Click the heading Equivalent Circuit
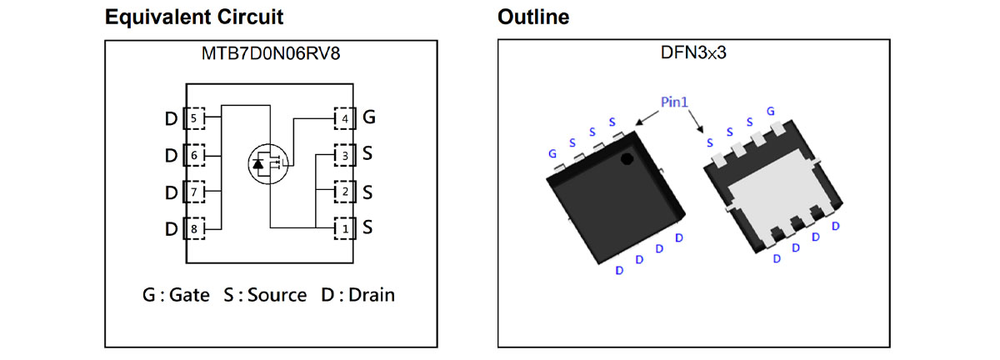[x=193, y=17]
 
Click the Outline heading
[x=533, y=17]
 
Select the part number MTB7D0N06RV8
[x=271, y=53]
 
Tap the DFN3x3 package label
[x=693, y=52]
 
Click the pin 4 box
[x=345, y=118]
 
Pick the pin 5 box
[x=194, y=118]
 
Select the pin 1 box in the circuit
[x=345, y=228]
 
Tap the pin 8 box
[x=194, y=228]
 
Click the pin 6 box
[x=194, y=155]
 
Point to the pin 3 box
[x=345, y=156]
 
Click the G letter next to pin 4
[x=368, y=117]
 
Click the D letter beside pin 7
[x=172, y=192]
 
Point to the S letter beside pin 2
[x=367, y=192]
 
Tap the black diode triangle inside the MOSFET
[x=258, y=164]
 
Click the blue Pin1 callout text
[x=674, y=102]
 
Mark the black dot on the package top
[x=627, y=159]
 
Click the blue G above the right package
[x=771, y=111]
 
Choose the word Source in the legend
[x=277, y=295]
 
